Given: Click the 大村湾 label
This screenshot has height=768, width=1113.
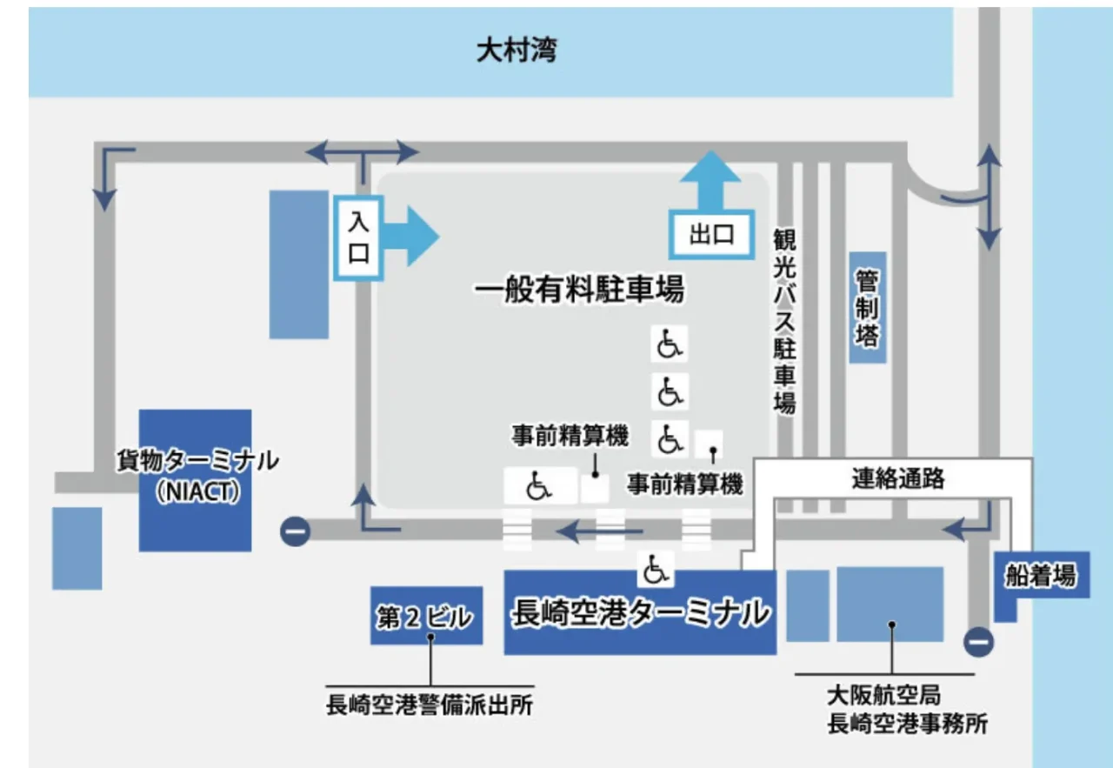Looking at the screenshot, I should (x=517, y=50).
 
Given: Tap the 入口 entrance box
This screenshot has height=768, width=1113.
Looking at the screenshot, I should (x=358, y=237).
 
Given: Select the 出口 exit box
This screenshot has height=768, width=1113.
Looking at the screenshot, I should (x=711, y=235).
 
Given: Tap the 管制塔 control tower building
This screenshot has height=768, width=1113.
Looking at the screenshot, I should (x=867, y=308).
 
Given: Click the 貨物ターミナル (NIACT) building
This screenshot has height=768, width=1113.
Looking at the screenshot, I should (x=196, y=479).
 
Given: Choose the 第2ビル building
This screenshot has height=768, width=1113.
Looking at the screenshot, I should (x=426, y=617).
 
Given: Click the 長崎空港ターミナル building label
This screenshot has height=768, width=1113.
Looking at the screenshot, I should (x=640, y=612).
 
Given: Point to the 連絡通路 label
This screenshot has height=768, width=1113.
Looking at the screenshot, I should (x=898, y=478).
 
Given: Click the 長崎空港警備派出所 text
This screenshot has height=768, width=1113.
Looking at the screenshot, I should (x=430, y=705).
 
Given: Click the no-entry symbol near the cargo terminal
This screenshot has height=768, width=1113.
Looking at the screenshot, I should (x=295, y=531).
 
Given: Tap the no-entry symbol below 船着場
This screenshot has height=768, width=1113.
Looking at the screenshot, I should (x=979, y=642).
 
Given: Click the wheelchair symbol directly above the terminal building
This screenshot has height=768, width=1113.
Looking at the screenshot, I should (x=656, y=569).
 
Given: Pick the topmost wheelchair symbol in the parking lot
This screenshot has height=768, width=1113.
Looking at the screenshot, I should (x=669, y=344).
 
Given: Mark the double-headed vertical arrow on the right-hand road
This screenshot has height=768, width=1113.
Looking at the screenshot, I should (x=989, y=198).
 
